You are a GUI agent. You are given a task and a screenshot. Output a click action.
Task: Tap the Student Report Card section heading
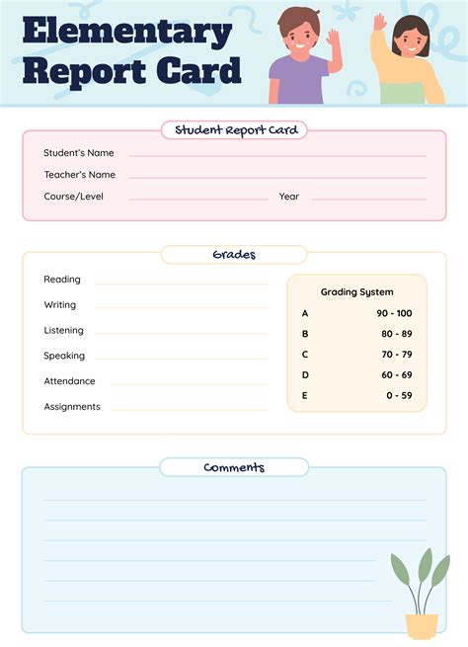[234, 129]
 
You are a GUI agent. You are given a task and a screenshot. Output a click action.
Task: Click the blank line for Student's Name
[276, 155]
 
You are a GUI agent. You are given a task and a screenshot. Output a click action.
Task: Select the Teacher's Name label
[79, 175]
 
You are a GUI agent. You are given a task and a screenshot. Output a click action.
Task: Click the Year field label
[288, 197]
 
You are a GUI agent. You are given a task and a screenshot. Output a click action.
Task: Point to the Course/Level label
[73, 197]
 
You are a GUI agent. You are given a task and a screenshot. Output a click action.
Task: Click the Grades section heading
[234, 255]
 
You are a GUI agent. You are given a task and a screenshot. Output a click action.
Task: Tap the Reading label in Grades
[62, 280]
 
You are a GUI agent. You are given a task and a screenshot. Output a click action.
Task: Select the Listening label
[63, 330]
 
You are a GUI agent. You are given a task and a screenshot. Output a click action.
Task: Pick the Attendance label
[69, 381]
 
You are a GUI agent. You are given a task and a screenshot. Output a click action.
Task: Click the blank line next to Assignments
[188, 409]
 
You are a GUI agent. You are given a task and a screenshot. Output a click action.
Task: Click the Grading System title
[356, 292]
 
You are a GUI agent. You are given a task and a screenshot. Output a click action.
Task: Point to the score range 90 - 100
[394, 313]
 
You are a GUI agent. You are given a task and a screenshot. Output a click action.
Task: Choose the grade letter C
[305, 355]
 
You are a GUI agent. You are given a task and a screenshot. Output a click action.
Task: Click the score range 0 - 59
[399, 396]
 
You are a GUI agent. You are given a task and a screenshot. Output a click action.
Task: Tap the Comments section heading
[234, 467]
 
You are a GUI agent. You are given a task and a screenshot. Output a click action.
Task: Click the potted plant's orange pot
[422, 625]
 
